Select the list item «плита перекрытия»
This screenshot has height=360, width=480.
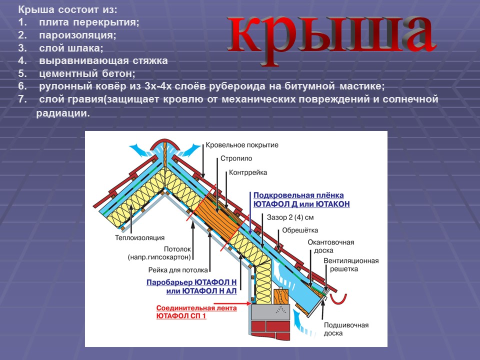[x=89, y=22]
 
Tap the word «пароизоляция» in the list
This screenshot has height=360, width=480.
[x=78, y=35]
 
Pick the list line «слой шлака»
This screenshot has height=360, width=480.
[x=71, y=48]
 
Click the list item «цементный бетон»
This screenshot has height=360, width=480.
[x=87, y=73]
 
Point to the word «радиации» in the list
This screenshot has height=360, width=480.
[x=63, y=113]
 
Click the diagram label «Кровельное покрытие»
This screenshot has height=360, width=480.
[x=242, y=145]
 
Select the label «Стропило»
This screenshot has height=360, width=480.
[x=236, y=158]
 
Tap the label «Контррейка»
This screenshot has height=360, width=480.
[x=248, y=172]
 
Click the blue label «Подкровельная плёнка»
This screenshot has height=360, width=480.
[x=298, y=195]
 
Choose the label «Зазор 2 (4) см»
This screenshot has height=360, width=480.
[x=290, y=217]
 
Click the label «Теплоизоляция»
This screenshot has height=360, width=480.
[x=139, y=238]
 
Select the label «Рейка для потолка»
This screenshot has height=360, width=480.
[x=178, y=270]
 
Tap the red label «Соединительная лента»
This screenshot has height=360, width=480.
[x=196, y=308]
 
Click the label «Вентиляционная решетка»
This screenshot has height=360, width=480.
[x=351, y=265]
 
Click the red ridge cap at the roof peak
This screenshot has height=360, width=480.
[x=164, y=143]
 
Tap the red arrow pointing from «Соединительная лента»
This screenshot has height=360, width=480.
[x=244, y=303]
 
